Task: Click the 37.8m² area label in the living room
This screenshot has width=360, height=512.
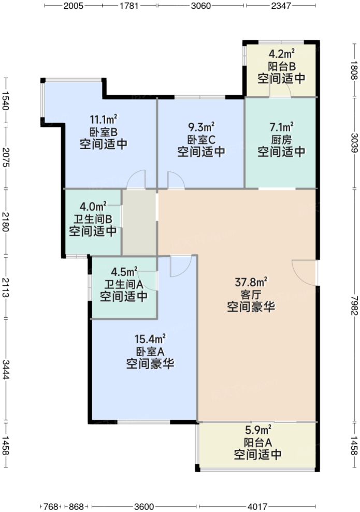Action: click(251, 282)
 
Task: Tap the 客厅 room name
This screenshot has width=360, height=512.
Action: click(251, 295)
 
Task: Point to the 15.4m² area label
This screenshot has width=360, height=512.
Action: click(150, 339)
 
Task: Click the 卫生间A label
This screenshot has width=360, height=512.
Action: click(124, 284)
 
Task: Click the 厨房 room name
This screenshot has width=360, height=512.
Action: click(281, 139)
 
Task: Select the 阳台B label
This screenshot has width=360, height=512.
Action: click(281, 66)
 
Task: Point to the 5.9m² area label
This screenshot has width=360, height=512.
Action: click(258, 430)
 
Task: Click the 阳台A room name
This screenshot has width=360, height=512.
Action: click(258, 442)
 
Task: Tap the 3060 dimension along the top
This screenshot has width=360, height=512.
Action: click(201, 6)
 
